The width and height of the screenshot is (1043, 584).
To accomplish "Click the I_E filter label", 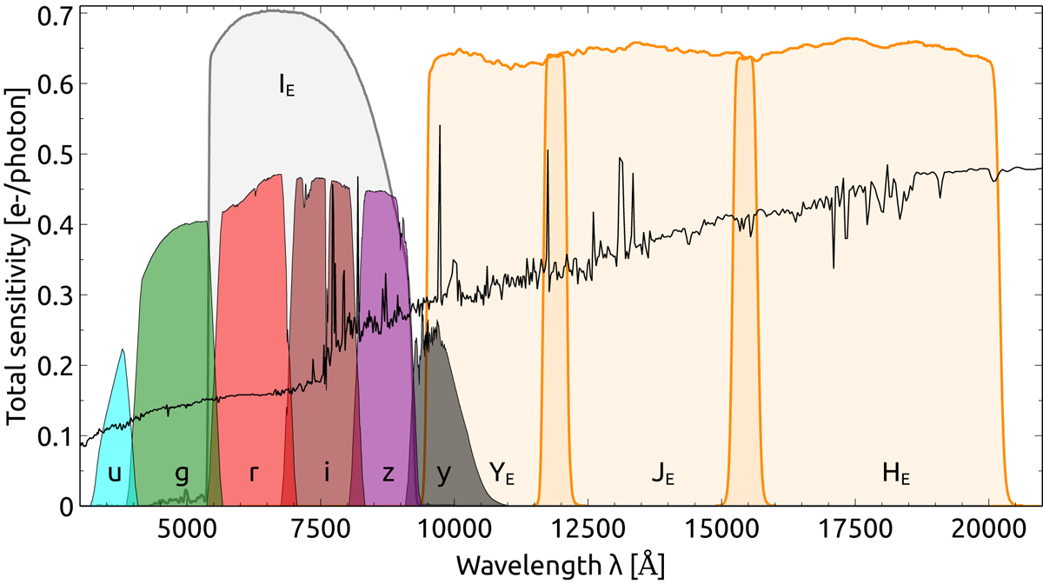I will pyautogui.click(x=286, y=85).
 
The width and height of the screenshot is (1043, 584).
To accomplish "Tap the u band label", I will pyautogui.click(x=114, y=474).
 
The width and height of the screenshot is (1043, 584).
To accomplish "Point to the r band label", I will pyautogui.click(x=253, y=474).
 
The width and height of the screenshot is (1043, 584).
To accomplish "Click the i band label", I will pyautogui.click(x=326, y=474).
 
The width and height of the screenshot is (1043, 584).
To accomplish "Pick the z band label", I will pyautogui.click(x=389, y=474).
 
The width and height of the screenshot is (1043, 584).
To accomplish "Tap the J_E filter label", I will pyautogui.click(x=663, y=474).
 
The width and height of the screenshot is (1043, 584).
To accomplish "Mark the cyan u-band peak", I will pyautogui.click(x=123, y=350).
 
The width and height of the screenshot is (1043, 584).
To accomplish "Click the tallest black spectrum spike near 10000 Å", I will pyautogui.click(x=440, y=127).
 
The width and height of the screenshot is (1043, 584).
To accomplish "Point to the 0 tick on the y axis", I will pyautogui.click(x=69, y=507).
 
